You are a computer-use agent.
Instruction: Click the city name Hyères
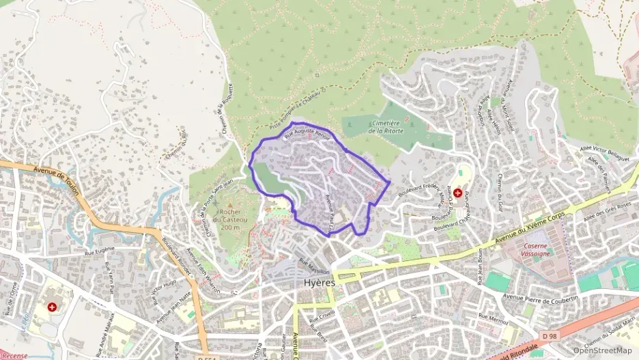click(319, 282)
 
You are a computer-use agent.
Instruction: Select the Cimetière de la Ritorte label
click(386, 126)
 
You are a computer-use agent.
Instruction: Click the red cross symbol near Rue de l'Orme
click(52, 307)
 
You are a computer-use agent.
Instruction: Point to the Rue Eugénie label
click(99, 252)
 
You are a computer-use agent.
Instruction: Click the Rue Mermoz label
click(494, 318)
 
